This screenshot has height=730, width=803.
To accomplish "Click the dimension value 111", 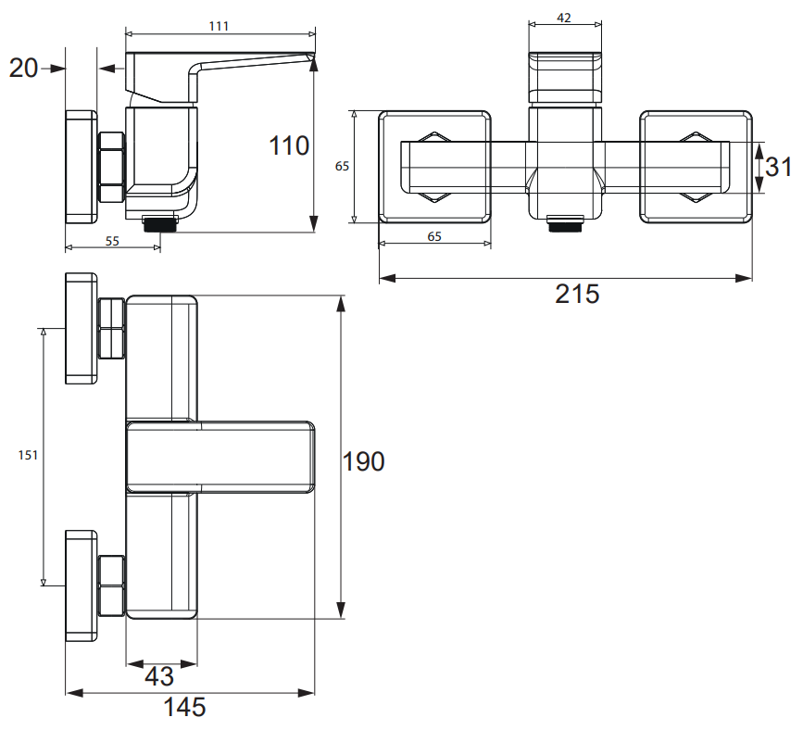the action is [219, 26].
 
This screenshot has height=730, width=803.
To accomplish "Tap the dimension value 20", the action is [23, 69].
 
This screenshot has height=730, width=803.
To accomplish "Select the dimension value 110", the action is [289, 145].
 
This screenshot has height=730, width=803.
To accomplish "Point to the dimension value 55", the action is [112, 241].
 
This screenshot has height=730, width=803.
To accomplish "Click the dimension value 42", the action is [564, 18].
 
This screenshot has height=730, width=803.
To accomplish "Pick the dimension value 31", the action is [778, 167].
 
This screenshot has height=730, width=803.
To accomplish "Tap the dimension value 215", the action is [577, 294].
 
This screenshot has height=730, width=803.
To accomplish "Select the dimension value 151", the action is [28, 455].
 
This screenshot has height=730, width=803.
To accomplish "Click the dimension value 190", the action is [363, 461].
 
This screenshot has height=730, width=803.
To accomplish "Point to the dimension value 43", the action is [159, 676].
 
